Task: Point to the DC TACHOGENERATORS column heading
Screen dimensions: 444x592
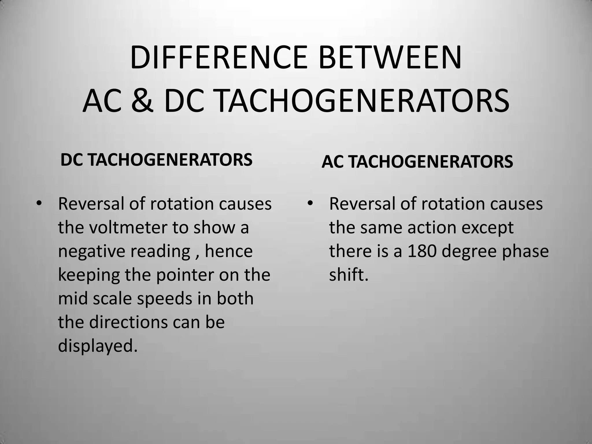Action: pos(156,160)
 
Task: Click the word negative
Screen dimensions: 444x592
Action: pos(91,251)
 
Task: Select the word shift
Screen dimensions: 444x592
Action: pos(349,275)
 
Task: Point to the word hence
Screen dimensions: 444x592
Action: pos(229,251)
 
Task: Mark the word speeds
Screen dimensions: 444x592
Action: pos(164,299)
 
